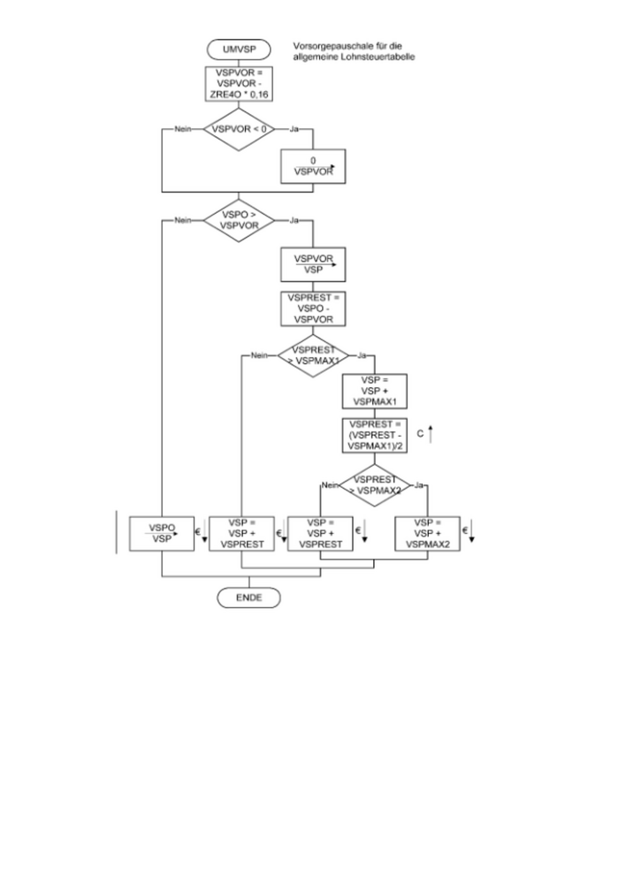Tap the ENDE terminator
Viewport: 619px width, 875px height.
click(248, 598)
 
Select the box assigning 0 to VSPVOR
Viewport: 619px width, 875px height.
click(312, 165)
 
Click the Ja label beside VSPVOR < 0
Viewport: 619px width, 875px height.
click(294, 129)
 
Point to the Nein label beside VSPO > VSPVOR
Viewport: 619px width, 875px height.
click(184, 219)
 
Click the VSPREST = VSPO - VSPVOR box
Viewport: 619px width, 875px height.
click(312, 308)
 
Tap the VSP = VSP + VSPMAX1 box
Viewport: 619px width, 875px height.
click(374, 390)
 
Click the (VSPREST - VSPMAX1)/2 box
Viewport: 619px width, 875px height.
click(374, 436)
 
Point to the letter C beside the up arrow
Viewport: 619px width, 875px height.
click(420, 434)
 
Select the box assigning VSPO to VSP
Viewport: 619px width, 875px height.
click(162, 533)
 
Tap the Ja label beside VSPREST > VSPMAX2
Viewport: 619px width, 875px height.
click(419, 485)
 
